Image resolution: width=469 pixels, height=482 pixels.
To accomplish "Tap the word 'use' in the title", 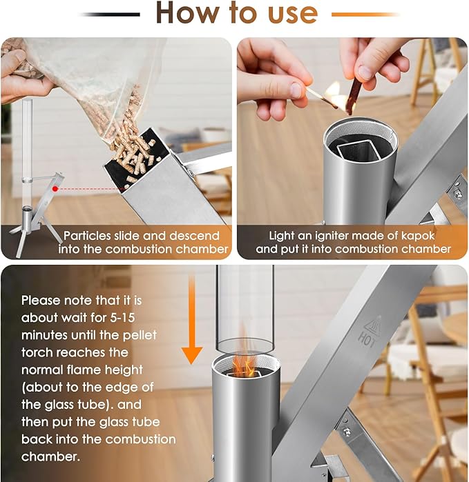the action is [293, 14].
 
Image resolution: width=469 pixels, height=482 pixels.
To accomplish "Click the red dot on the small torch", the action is [55, 189].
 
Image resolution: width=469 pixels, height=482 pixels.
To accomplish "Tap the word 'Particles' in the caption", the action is [87, 236].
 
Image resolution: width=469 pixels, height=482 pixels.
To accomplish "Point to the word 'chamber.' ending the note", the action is [51, 456].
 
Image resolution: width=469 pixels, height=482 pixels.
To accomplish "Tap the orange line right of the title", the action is [365, 14].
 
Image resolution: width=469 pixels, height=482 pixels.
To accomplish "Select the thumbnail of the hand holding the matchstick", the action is [352, 148].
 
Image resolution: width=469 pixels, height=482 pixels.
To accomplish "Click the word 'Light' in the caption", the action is [282, 236].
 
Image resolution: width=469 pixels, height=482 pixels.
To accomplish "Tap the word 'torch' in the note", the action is [37, 352].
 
